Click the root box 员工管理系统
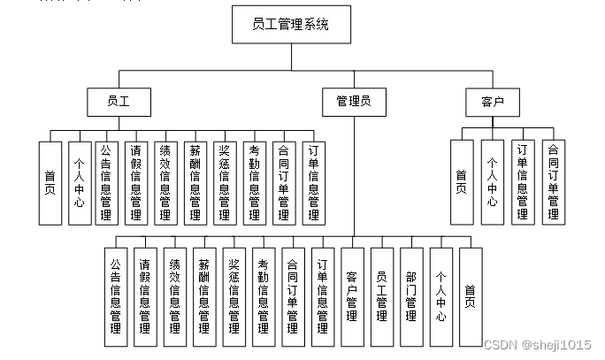[x=291, y=25]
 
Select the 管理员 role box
[x=353, y=102]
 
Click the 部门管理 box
[x=410, y=296]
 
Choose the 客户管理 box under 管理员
[x=352, y=296]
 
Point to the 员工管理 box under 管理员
[x=381, y=296]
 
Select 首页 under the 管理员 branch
[x=470, y=296]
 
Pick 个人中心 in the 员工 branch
[x=80, y=182]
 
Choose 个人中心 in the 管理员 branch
[x=440, y=296]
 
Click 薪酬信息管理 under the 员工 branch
[x=195, y=182]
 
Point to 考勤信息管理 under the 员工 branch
[x=253, y=182]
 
